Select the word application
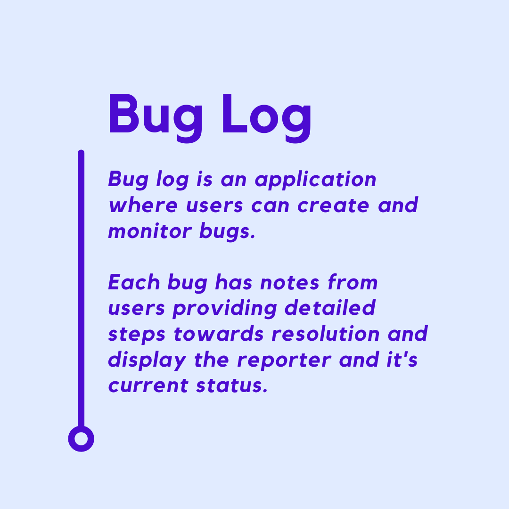click(315, 180)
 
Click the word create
click(333, 206)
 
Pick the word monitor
click(150, 231)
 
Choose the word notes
click(289, 283)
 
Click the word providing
click(225, 308)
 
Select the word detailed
click(330, 307)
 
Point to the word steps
click(137, 335)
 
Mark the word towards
click(219, 334)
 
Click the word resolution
click(326, 334)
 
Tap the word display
click(147, 361)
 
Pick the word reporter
click(284, 361)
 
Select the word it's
click(402, 359)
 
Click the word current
click(148, 386)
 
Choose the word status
click(232, 386)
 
